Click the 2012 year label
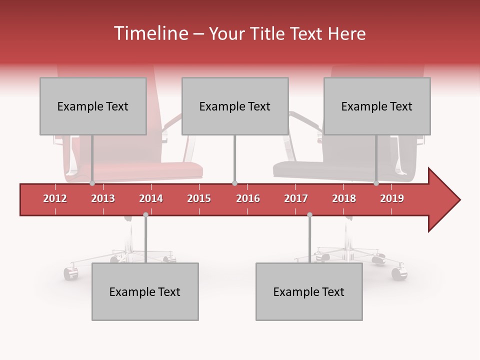[55, 198]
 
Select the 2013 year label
[103, 198]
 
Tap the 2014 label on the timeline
[151, 198]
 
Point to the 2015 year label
[199, 198]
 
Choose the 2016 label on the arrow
[248, 198]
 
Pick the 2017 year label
[296, 198]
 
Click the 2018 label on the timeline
[344, 198]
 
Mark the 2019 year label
[392, 198]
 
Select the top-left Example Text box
[93, 106]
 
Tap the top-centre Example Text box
[235, 106]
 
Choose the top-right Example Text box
[377, 106]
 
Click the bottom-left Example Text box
[145, 291]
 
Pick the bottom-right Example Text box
[309, 291]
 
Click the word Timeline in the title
[150, 33]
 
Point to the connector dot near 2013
[92, 183]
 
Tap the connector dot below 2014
[145, 215]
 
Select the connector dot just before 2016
[234, 183]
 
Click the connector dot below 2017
[309, 215]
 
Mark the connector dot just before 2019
[376, 183]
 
